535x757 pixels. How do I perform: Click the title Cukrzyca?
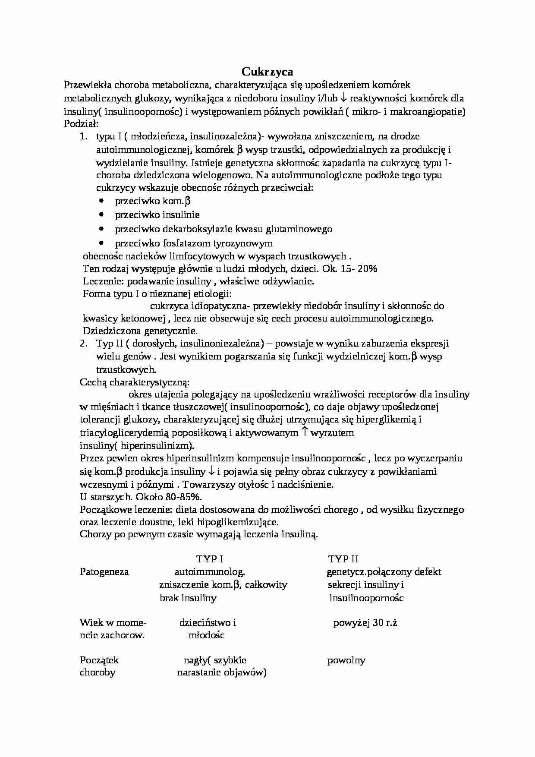(x=267, y=71)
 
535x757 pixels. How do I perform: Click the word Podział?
(x=81, y=124)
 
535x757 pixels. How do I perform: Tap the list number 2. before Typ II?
(x=84, y=344)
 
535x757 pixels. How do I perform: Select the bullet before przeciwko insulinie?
(x=102, y=214)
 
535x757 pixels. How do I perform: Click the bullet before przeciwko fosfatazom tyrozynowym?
(x=102, y=243)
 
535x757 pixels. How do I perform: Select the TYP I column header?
(x=209, y=559)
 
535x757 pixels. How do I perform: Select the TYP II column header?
(x=343, y=559)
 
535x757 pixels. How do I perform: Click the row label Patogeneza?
(x=104, y=572)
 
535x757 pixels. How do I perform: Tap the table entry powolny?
(x=346, y=660)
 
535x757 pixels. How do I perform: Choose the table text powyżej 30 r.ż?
(x=365, y=623)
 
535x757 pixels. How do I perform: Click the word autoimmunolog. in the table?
(x=210, y=572)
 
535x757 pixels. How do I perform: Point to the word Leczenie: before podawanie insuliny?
(x=101, y=282)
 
